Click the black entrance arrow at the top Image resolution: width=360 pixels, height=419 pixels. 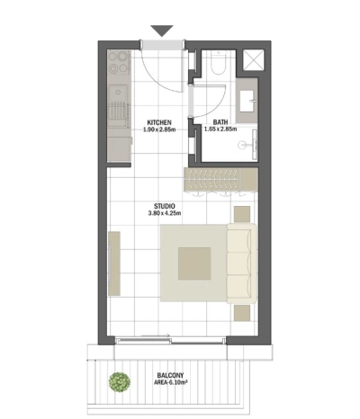(161, 31)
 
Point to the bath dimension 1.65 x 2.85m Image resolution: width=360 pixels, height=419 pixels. (220, 130)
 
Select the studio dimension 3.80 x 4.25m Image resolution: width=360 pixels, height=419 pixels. (164, 214)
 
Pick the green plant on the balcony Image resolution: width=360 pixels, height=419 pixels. (116, 381)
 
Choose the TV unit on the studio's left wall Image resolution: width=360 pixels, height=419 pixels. (114, 263)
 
